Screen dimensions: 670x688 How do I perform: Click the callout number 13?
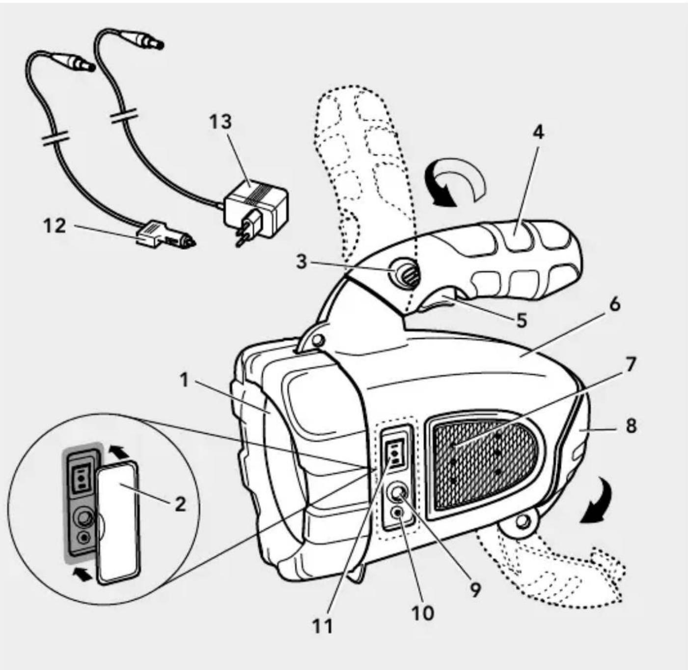(220, 121)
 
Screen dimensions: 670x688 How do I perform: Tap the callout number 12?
(54, 226)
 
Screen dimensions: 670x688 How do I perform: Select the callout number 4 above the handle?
(539, 132)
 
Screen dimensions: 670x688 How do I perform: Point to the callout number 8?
(631, 426)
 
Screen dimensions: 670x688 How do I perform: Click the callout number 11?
(322, 626)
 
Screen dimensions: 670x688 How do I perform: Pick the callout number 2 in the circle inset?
(180, 504)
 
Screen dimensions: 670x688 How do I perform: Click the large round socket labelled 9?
(398, 492)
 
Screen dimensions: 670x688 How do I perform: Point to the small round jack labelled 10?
(397, 513)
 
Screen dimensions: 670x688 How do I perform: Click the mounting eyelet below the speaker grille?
(524, 522)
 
